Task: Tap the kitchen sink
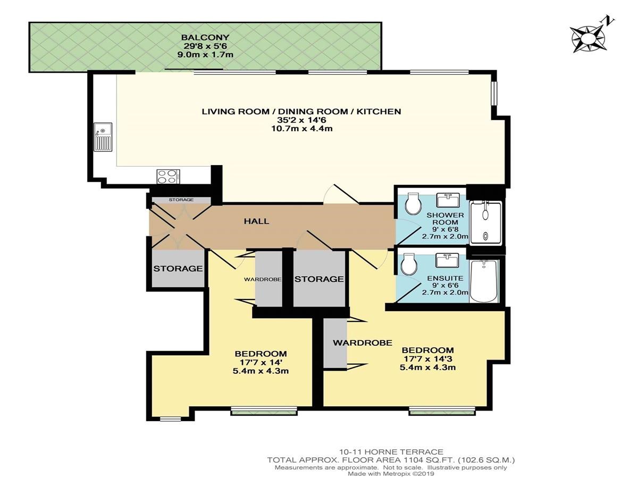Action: (x=103, y=136)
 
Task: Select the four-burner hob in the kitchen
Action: (x=168, y=176)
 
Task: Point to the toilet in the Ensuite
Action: (x=409, y=264)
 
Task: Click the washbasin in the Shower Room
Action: (x=449, y=200)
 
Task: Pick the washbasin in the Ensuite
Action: (x=447, y=260)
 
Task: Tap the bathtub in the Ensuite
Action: (x=484, y=280)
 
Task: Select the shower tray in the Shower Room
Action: (x=486, y=223)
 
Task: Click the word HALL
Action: (x=256, y=221)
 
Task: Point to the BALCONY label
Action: (x=205, y=37)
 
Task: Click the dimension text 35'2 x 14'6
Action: (x=301, y=120)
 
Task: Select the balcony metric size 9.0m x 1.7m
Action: (x=205, y=55)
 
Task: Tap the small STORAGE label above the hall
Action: (x=181, y=200)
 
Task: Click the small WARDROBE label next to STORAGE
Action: (x=263, y=279)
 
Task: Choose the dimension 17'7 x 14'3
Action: (x=427, y=358)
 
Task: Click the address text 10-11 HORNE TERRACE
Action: (x=391, y=452)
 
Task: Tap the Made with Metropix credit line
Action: (x=391, y=474)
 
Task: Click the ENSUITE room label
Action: (x=445, y=278)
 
